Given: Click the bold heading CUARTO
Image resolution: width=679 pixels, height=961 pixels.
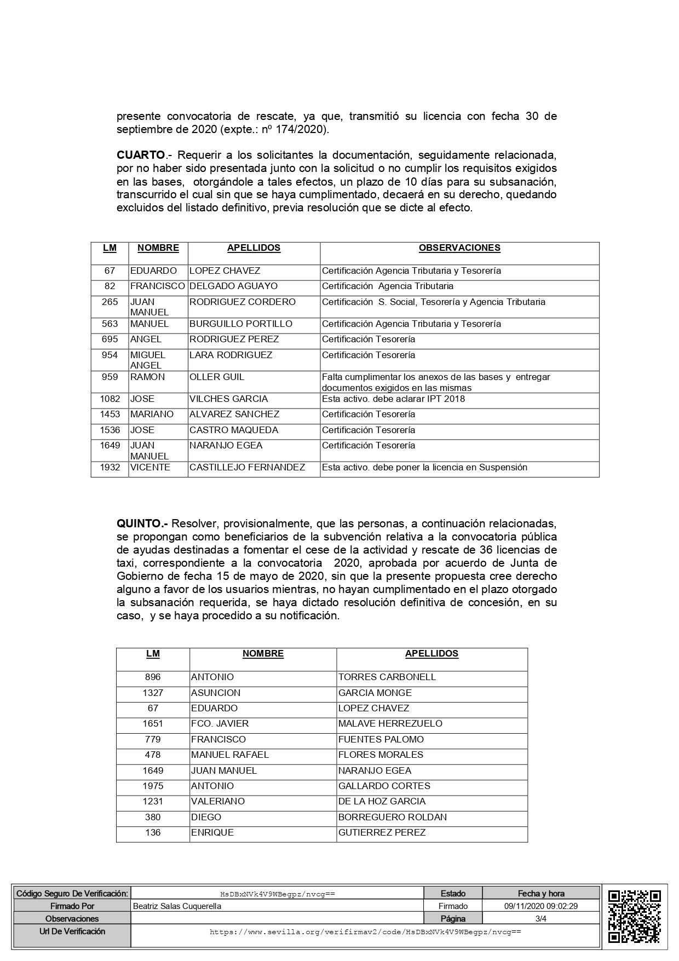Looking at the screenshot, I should [x=141, y=155].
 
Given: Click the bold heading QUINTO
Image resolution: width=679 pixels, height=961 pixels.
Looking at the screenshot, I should [x=141, y=523].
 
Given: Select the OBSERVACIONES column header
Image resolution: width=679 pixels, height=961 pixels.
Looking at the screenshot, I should [x=459, y=248].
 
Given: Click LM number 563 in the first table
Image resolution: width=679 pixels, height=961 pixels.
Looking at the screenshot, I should [x=110, y=324].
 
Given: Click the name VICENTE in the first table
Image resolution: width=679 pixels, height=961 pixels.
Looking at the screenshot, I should [x=150, y=468].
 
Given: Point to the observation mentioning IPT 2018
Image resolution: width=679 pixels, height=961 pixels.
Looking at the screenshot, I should [x=393, y=399].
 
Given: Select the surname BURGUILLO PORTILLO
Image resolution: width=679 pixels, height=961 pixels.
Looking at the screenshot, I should [x=240, y=324].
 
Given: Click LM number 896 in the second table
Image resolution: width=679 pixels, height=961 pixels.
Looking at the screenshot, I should [x=153, y=677].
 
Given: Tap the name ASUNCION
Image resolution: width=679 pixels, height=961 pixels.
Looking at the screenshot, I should [x=215, y=693].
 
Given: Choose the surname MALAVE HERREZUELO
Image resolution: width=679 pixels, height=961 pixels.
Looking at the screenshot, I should [x=390, y=724].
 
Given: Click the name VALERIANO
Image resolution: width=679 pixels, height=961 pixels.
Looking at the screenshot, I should [x=217, y=802].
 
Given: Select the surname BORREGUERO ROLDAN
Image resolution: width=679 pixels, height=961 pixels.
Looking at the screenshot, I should [x=392, y=818].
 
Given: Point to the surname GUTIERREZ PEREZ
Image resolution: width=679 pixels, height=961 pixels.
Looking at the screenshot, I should [x=382, y=833].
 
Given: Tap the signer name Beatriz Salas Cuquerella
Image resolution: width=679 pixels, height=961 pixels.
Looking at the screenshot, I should [x=177, y=906].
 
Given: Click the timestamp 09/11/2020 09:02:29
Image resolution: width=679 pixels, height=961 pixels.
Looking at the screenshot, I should [x=540, y=906].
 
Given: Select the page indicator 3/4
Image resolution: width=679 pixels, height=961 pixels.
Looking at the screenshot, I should [x=540, y=919].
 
